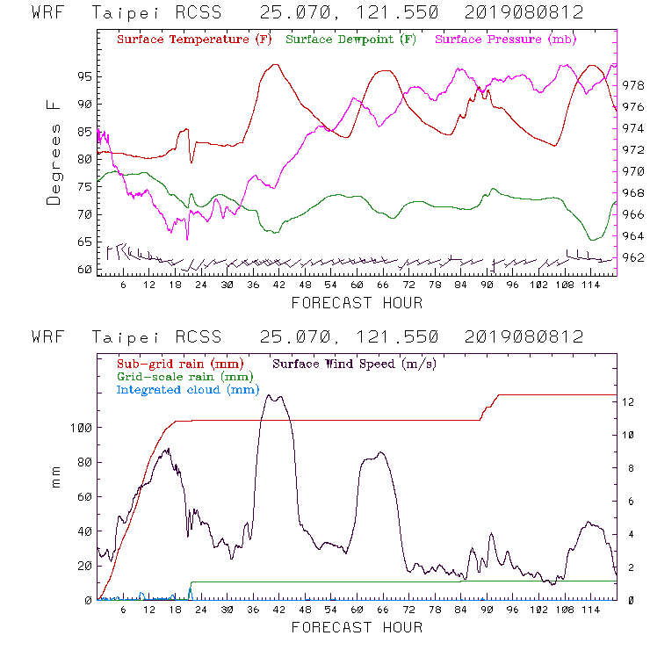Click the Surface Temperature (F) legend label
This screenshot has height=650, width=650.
194,40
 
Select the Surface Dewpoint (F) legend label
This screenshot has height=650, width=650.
350,40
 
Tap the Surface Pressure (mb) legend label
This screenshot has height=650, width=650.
502,40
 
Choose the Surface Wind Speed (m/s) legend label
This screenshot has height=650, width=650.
355,363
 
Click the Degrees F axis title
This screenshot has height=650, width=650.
54,152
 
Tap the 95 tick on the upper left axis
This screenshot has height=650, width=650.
83,76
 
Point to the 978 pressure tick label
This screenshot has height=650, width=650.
633,86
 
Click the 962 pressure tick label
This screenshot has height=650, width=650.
633,258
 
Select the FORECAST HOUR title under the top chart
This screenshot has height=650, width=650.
357,303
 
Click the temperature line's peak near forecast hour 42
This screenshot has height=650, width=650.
276,64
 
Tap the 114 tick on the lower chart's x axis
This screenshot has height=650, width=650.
590,610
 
